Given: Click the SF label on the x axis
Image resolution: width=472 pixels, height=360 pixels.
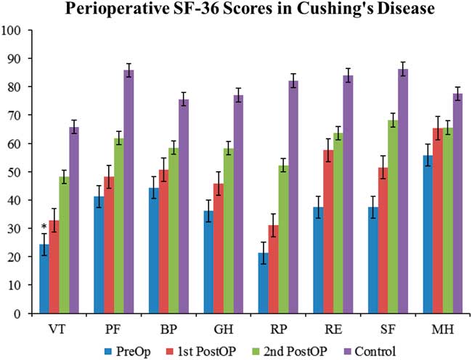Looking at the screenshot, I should pos(389,328).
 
